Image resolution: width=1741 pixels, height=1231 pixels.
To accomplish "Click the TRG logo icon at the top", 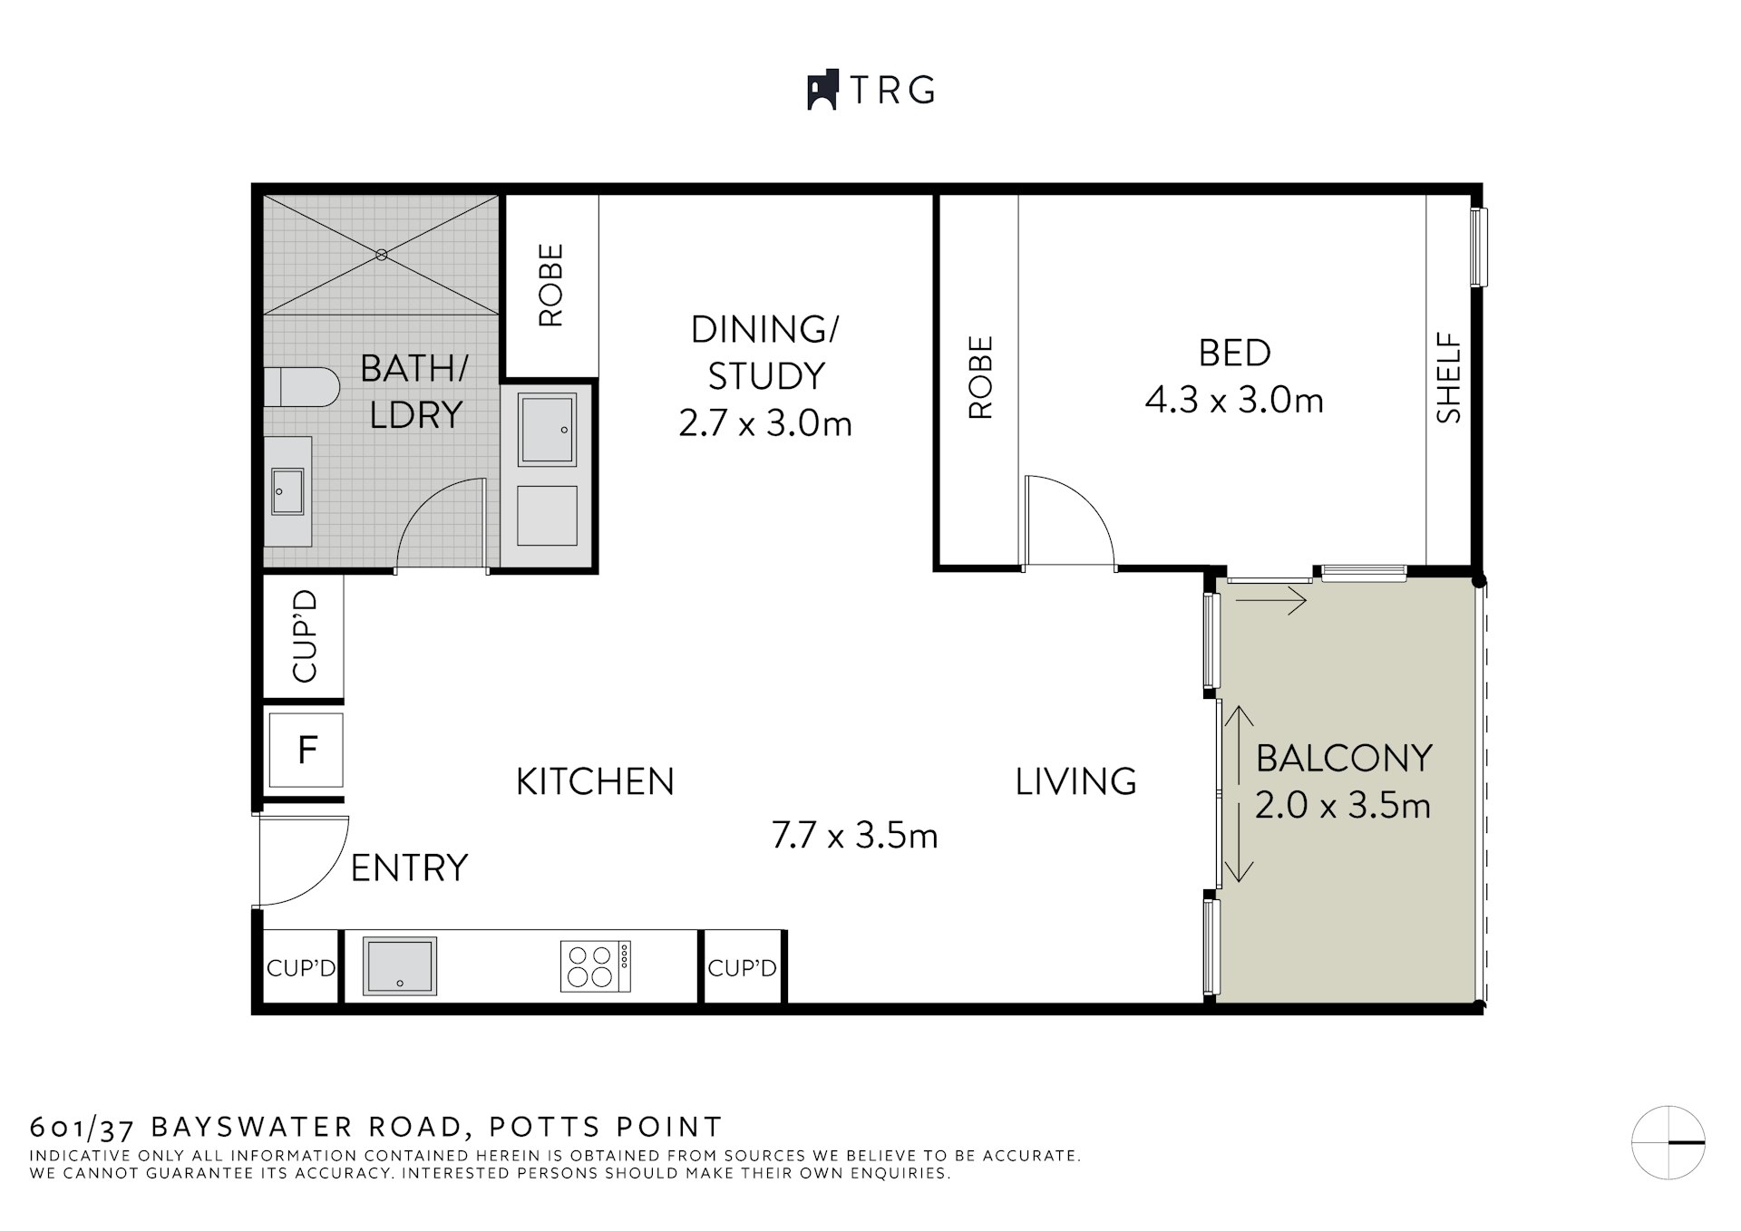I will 822,91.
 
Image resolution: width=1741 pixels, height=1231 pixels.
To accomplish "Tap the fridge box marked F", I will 306,750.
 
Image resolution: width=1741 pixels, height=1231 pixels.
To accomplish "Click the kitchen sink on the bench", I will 399,966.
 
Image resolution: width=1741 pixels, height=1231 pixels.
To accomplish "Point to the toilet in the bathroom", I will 303,387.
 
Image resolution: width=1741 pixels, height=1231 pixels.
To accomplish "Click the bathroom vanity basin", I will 287,492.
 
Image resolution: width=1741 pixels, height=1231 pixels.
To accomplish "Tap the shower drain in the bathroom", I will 382,255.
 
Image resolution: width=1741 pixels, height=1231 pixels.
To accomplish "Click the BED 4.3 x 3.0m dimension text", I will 1234,400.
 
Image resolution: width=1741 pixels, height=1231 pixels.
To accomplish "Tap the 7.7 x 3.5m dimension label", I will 854,835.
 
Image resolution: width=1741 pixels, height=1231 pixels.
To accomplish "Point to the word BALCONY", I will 1343,758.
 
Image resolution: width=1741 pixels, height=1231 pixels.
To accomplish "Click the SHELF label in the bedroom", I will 1449,378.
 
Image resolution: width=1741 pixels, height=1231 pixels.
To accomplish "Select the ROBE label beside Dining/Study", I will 550,285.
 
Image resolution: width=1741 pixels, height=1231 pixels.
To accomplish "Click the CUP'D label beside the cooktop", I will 742,968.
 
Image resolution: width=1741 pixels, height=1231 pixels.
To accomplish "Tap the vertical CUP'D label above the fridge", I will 305,635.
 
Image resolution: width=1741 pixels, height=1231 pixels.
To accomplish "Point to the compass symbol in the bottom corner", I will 1668,1142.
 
